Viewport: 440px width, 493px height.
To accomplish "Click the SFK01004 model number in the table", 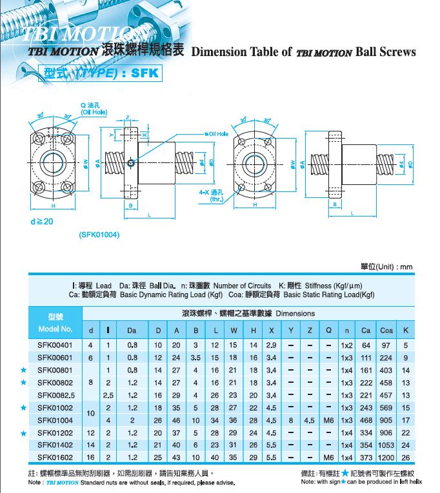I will point(55,420).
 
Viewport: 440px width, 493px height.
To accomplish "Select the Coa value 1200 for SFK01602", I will point(386,456).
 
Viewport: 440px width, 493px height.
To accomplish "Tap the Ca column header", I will point(366,331).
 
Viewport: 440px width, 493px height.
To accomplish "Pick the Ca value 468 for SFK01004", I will point(366,420).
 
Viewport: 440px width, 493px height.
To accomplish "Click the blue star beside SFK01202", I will point(24,432).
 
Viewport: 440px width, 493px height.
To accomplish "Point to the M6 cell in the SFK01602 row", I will point(328,456).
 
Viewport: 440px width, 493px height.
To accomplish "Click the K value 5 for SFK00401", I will point(406,346).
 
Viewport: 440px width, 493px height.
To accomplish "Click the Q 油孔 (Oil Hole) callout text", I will point(93,108).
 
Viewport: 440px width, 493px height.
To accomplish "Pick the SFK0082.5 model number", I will point(55,395).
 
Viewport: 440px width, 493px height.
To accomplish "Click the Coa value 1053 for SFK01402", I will point(386,444).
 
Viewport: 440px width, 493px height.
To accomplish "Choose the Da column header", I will point(132,331).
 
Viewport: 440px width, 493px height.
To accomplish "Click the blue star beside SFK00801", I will point(24,371).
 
